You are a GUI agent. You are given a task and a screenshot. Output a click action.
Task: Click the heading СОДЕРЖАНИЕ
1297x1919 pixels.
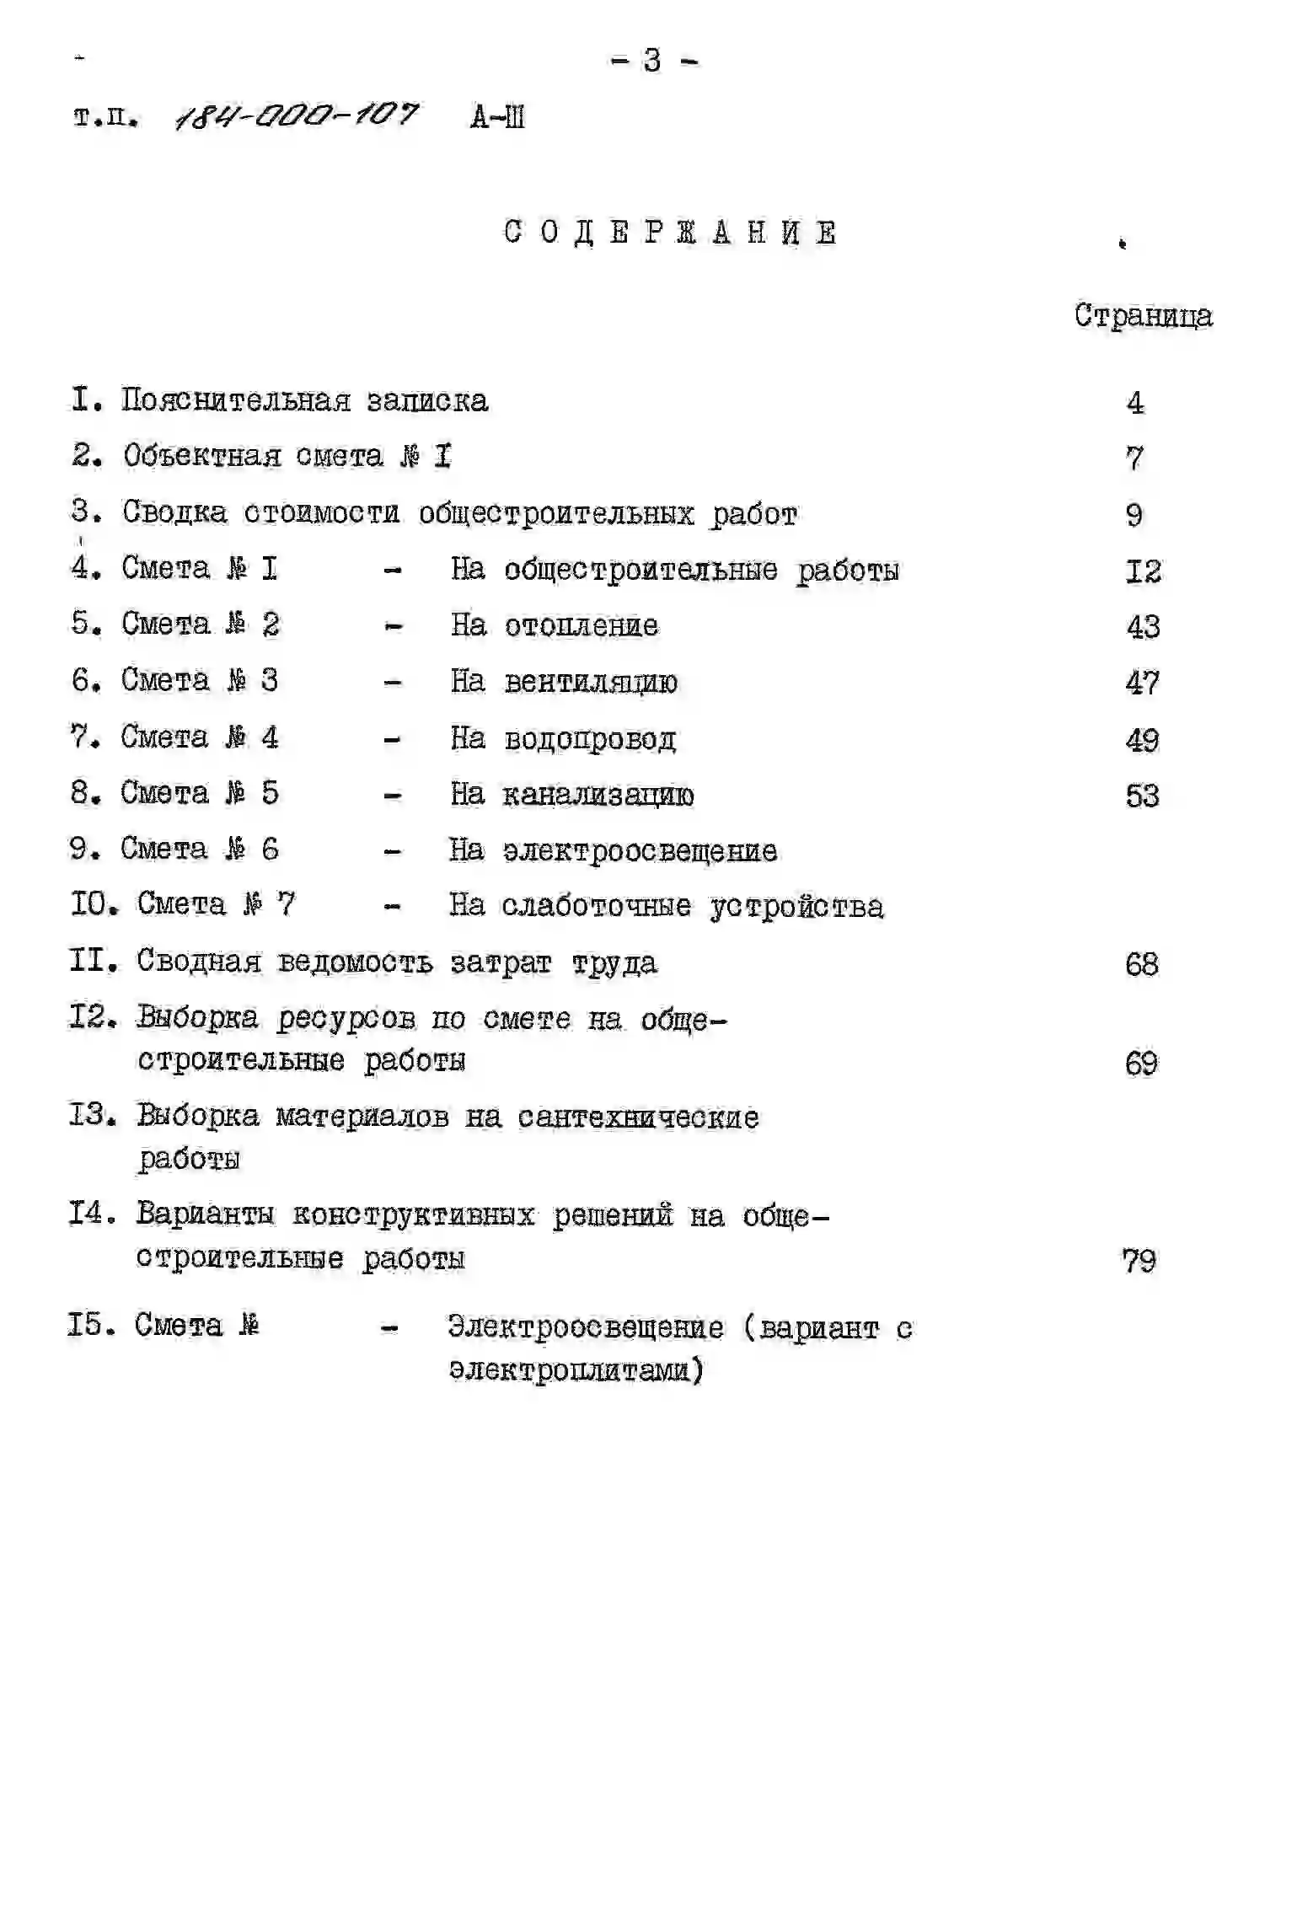670,232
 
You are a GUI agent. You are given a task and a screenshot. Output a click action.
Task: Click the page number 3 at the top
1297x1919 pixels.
652,61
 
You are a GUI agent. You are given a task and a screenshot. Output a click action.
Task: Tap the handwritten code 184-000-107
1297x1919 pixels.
296,115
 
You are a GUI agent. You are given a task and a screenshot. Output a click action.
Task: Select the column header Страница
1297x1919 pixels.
1143,316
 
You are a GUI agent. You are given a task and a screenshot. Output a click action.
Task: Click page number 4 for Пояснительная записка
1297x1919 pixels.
1135,403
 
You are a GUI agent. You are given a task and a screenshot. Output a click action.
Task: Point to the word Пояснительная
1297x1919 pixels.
235,400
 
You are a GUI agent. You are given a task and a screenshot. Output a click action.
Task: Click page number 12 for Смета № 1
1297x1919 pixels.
1143,571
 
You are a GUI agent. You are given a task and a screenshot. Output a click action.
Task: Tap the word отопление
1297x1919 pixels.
581,625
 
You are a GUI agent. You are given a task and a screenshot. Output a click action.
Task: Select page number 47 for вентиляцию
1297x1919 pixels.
1142,683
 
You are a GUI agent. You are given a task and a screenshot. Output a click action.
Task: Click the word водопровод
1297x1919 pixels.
589,739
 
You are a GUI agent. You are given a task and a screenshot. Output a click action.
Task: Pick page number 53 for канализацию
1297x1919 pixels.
1142,796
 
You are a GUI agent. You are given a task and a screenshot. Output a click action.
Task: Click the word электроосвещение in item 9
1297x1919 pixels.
640,851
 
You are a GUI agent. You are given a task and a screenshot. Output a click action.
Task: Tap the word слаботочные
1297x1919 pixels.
596,906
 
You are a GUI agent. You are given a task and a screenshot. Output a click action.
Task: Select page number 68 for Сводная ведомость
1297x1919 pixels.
1141,964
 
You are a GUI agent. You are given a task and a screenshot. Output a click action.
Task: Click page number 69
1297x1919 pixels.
1141,1064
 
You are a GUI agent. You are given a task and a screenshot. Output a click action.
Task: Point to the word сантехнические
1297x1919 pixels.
638,1118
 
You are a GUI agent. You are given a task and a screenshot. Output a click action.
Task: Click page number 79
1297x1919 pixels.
1139,1261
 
